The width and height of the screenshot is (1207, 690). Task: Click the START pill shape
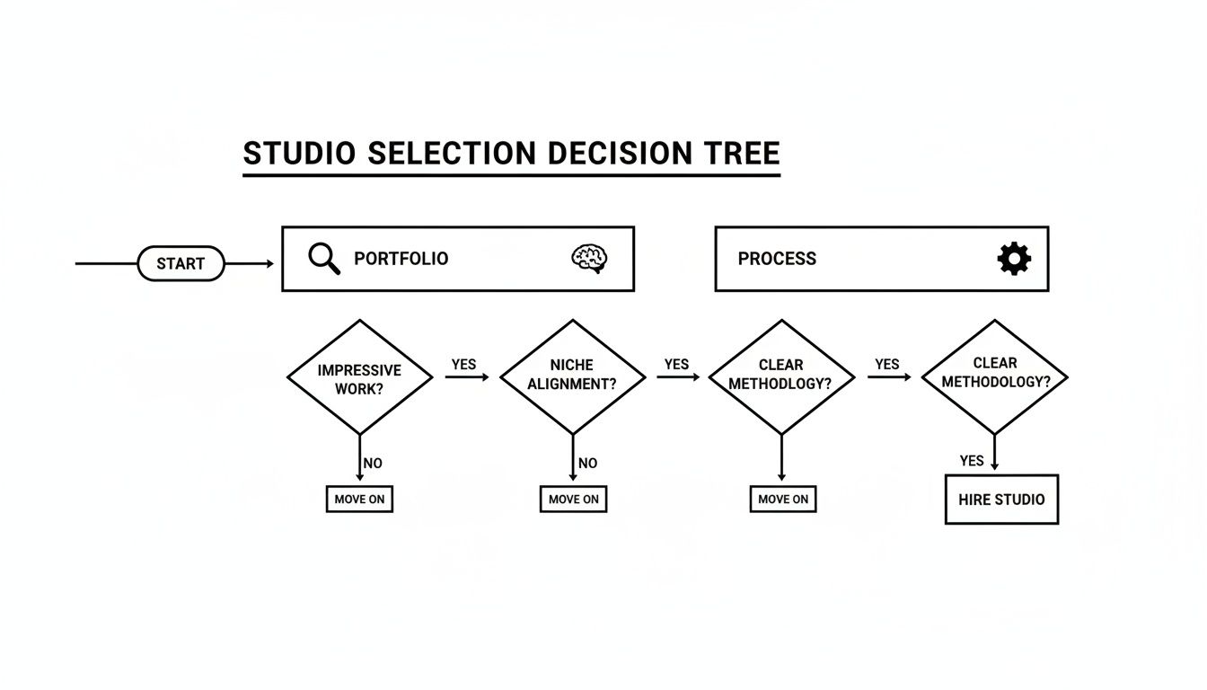(x=181, y=263)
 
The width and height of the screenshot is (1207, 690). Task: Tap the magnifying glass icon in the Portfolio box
(x=323, y=259)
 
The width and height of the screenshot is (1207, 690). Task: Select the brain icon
(x=590, y=259)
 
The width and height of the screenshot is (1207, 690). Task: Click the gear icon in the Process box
(x=1014, y=259)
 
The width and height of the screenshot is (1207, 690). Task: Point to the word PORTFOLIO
(x=401, y=259)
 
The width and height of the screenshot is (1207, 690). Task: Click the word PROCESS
(x=777, y=259)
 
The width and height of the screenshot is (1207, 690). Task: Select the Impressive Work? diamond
(x=359, y=378)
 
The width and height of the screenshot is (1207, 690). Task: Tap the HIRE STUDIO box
(x=1001, y=500)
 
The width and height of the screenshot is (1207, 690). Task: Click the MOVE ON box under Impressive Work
(x=359, y=500)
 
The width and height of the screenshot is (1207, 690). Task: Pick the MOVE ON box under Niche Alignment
(x=573, y=500)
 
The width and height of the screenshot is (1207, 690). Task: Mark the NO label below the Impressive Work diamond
(x=373, y=464)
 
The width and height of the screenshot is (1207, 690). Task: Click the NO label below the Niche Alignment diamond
(x=587, y=464)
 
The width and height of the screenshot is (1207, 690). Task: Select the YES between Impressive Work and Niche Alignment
(x=463, y=365)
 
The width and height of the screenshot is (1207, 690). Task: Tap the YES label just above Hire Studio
(x=972, y=461)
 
